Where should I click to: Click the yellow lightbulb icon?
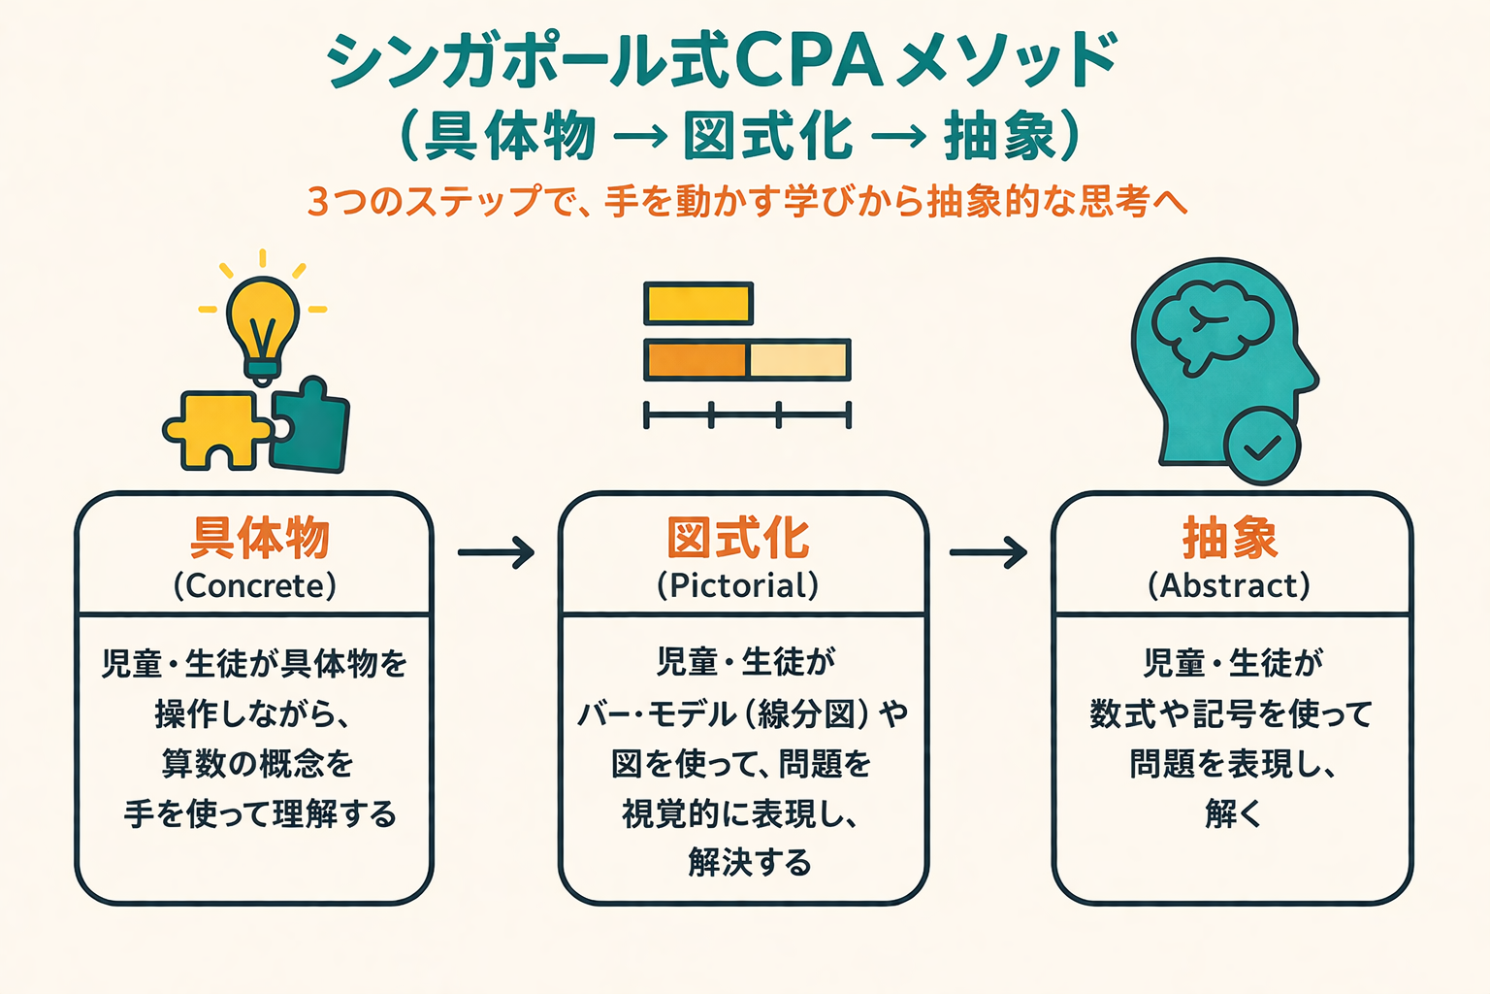(262, 320)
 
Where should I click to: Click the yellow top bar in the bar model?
(698, 304)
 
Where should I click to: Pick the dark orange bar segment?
(696, 360)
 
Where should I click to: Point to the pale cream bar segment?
(799, 360)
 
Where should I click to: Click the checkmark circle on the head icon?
(1262, 447)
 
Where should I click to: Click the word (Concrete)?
(255, 586)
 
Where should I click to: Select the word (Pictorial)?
(738, 585)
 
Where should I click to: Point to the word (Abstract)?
(1229, 586)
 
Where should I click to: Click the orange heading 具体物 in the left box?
(259, 539)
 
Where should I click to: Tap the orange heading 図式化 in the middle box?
(738, 539)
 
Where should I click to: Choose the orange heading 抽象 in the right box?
(1230, 539)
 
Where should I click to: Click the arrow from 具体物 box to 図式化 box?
(496, 552)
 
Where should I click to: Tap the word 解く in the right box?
(1232, 813)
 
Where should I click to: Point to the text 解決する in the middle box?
(750, 863)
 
